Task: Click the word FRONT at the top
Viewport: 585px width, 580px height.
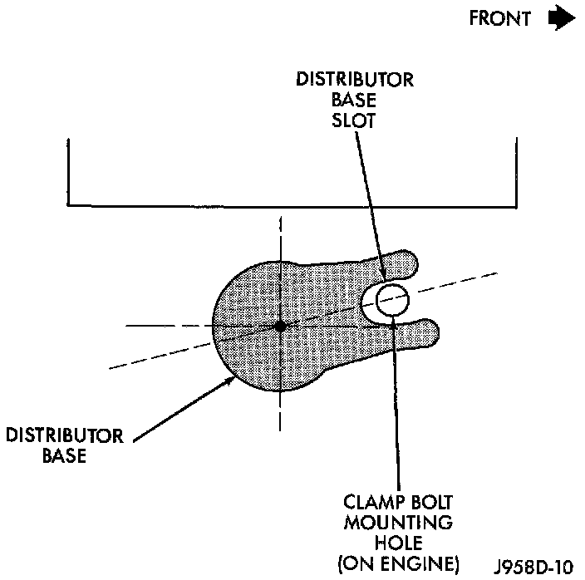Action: (499, 20)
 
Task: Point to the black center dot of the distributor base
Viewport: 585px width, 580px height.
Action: (281, 327)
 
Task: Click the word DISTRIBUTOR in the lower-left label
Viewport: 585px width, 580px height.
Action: (65, 437)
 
